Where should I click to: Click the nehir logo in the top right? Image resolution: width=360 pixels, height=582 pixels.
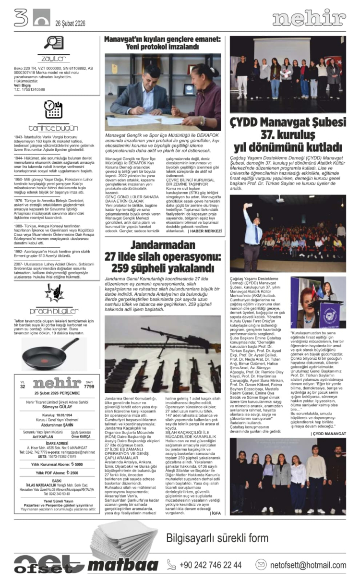pyautogui.click(x=309, y=19)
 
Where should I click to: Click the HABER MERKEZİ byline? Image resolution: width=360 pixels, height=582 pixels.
pyautogui.click(x=205, y=231)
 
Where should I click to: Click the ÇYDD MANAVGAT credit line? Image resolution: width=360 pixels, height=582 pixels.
pyautogui.click(x=328, y=433)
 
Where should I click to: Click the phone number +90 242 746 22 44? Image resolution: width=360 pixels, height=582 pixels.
pyautogui.click(x=210, y=565)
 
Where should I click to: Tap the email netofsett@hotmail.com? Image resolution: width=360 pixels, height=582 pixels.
pyautogui.click(x=308, y=565)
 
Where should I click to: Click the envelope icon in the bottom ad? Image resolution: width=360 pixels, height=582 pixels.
pyautogui.click(x=261, y=565)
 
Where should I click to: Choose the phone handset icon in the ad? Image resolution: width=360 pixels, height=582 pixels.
pyautogui.click(x=171, y=565)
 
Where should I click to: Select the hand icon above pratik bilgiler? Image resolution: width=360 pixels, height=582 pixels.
pyautogui.click(x=53, y=291)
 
